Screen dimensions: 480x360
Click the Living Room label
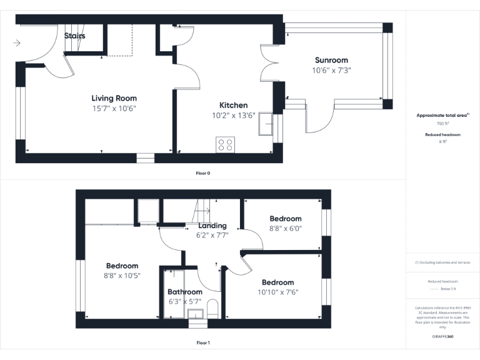click(x=114, y=98)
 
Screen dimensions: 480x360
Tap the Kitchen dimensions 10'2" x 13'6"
click(x=233, y=116)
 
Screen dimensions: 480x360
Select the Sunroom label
click(x=331, y=60)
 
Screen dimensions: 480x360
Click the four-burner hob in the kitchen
click(x=225, y=144)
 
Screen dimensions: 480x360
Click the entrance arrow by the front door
click(x=17, y=43)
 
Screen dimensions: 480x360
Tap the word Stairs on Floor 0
click(x=75, y=36)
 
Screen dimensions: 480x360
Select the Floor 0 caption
click(x=202, y=173)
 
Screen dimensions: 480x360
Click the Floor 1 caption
click(x=203, y=342)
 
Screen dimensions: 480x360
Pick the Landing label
click(x=212, y=226)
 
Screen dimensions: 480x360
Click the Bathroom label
click(x=185, y=292)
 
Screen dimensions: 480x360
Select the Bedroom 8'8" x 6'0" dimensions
click(x=285, y=229)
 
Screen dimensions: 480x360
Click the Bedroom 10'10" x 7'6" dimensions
click(x=277, y=292)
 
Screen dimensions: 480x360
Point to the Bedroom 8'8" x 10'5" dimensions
click(x=122, y=276)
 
